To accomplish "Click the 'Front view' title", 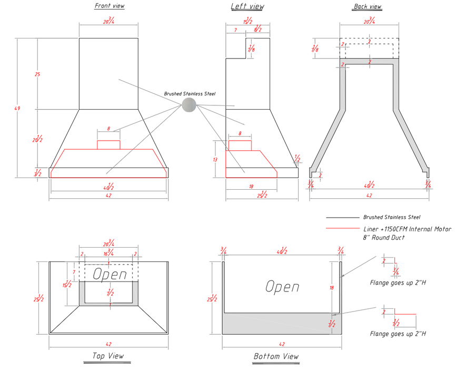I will pos(110,6).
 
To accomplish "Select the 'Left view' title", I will pos(247,6).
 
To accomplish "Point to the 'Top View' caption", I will pos(108,356).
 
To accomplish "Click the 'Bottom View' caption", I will pos(276,357).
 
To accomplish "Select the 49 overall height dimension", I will pos(17,109).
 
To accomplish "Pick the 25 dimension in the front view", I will pos(37,74).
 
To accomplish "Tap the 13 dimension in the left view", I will pos(215,159).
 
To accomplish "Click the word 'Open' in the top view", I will pos(110,274).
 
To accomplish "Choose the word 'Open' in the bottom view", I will pos(282,287).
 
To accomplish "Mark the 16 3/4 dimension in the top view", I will pos(109,254).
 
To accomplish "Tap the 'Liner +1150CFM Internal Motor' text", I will pos(407,229).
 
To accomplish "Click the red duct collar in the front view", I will pos(109,144).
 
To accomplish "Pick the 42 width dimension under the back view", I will pos(369,196).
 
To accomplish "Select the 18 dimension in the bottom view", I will pos(331,288).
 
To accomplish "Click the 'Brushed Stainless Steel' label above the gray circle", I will pos(190,94).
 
